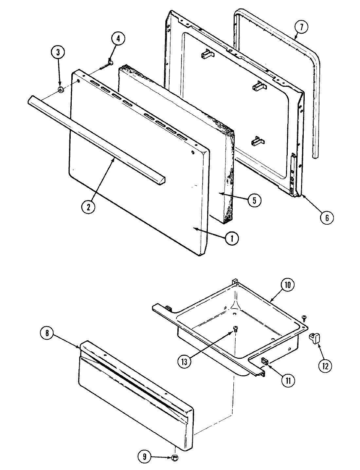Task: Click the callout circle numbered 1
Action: tap(232, 238)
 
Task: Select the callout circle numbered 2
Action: tap(89, 207)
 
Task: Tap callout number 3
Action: tap(59, 52)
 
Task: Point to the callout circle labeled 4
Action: tap(118, 39)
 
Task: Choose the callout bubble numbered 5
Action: tap(254, 200)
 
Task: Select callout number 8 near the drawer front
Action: tap(47, 333)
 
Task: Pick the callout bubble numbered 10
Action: tap(287, 285)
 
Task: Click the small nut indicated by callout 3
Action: tap(60, 90)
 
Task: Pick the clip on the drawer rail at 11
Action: tap(265, 362)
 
